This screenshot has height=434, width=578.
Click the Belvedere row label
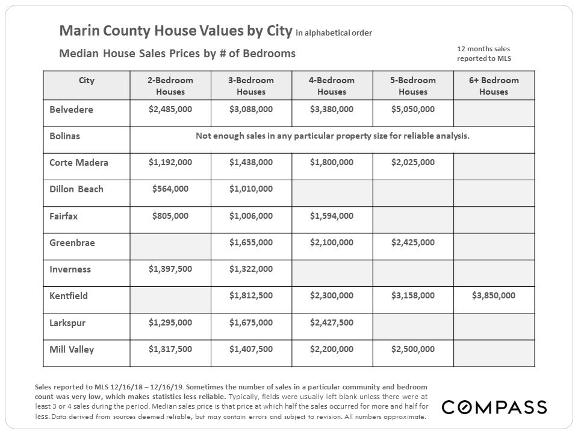(x=71, y=110)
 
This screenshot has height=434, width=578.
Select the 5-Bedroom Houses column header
(x=412, y=86)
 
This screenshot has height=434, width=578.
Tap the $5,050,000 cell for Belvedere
(x=412, y=109)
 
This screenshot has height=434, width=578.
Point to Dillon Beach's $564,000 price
(x=170, y=189)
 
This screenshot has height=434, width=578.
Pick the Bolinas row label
(x=64, y=136)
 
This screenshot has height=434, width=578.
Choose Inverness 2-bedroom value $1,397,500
(x=170, y=268)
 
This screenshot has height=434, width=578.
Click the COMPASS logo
(x=494, y=407)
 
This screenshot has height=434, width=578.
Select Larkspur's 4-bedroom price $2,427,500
(x=331, y=322)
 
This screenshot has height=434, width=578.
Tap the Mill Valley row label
(x=72, y=349)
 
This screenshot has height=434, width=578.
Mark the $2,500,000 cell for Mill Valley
(x=412, y=348)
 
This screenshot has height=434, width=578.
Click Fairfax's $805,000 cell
(x=170, y=215)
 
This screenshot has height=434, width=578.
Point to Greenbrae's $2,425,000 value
(x=412, y=242)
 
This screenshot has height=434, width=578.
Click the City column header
(x=86, y=80)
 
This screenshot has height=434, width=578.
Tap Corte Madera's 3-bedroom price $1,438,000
(x=250, y=162)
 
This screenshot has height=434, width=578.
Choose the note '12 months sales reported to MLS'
(x=483, y=53)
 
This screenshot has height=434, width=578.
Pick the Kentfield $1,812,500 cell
(x=250, y=295)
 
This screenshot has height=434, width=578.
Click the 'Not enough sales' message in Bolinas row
(x=332, y=136)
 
